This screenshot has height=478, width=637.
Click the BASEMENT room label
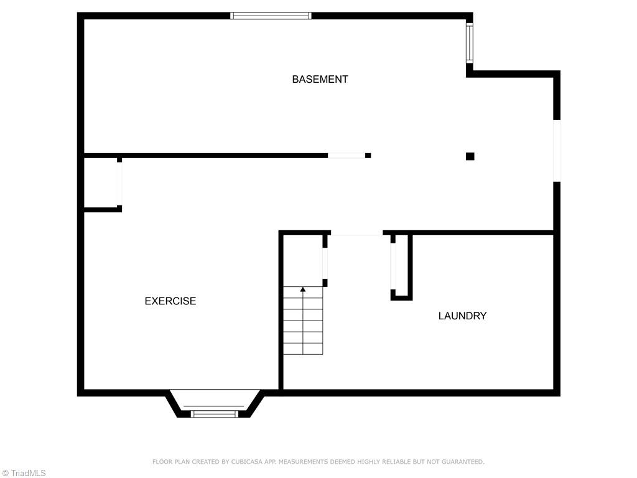point(320,79)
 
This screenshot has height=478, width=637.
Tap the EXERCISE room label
point(170,301)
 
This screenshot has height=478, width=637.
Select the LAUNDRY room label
point(462,316)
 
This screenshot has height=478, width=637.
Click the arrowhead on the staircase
point(303,289)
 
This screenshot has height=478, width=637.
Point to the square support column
point(470,156)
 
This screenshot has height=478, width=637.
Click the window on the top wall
point(271,16)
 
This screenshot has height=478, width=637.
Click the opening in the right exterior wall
point(557,151)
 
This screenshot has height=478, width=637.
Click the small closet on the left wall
point(101,183)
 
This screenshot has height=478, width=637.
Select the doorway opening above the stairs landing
point(356,234)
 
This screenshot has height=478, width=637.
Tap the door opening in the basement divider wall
point(346,155)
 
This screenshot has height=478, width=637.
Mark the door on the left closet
point(119,184)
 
